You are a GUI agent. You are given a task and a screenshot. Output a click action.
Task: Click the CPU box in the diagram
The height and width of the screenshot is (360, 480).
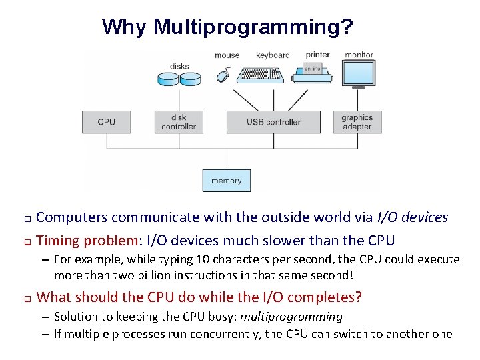coord(106,122)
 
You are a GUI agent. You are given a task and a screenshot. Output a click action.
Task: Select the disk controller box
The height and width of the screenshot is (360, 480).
coord(179,122)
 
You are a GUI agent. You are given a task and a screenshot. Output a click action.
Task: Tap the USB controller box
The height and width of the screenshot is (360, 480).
coord(273,122)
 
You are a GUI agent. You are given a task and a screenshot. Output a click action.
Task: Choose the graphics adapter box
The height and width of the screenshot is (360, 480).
coord(357,122)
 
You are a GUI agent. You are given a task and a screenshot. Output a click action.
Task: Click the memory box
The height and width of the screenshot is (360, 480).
coord(226,181)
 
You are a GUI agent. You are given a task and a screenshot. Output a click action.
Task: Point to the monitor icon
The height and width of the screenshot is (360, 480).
coord(359,75)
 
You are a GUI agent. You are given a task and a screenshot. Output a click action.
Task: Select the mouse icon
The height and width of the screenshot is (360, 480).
coord(223,76)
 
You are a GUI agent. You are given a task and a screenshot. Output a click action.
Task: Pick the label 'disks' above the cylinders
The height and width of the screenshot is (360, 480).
coord(179,66)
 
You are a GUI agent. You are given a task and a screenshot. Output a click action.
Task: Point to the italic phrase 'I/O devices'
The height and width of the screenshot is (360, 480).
coord(413,217)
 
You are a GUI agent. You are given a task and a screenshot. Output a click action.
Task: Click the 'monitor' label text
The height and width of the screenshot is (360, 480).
coord(359,55)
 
